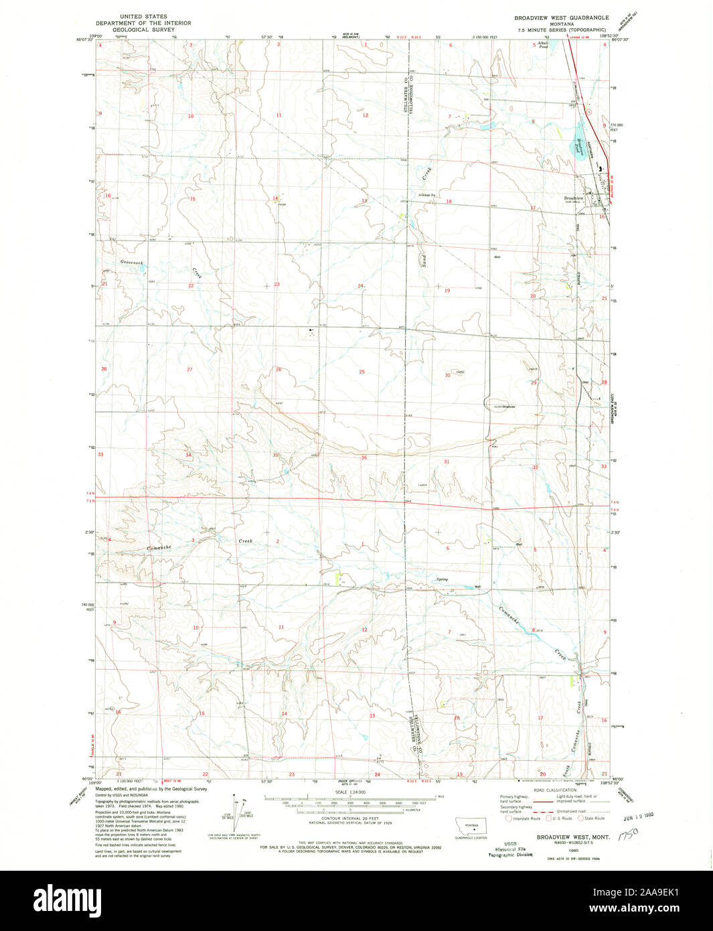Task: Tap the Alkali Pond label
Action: pyautogui.click(x=543, y=46)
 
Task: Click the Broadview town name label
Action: pyautogui.click(x=575, y=198)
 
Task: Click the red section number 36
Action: pyautogui.click(x=364, y=457)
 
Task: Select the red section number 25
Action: pyautogui.click(x=362, y=372)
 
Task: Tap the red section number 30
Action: pyautogui.click(x=448, y=375)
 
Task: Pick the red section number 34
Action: pyautogui.click(x=188, y=455)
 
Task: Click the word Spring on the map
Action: pyautogui.click(x=442, y=579)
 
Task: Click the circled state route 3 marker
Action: pyautogui.click(x=588, y=111)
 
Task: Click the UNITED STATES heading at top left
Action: pyautogui.click(x=143, y=16)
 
